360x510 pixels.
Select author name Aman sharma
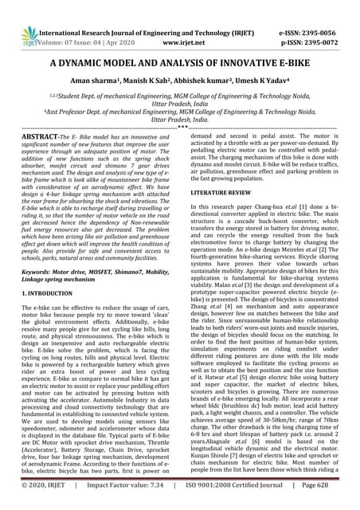click(104, 82)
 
